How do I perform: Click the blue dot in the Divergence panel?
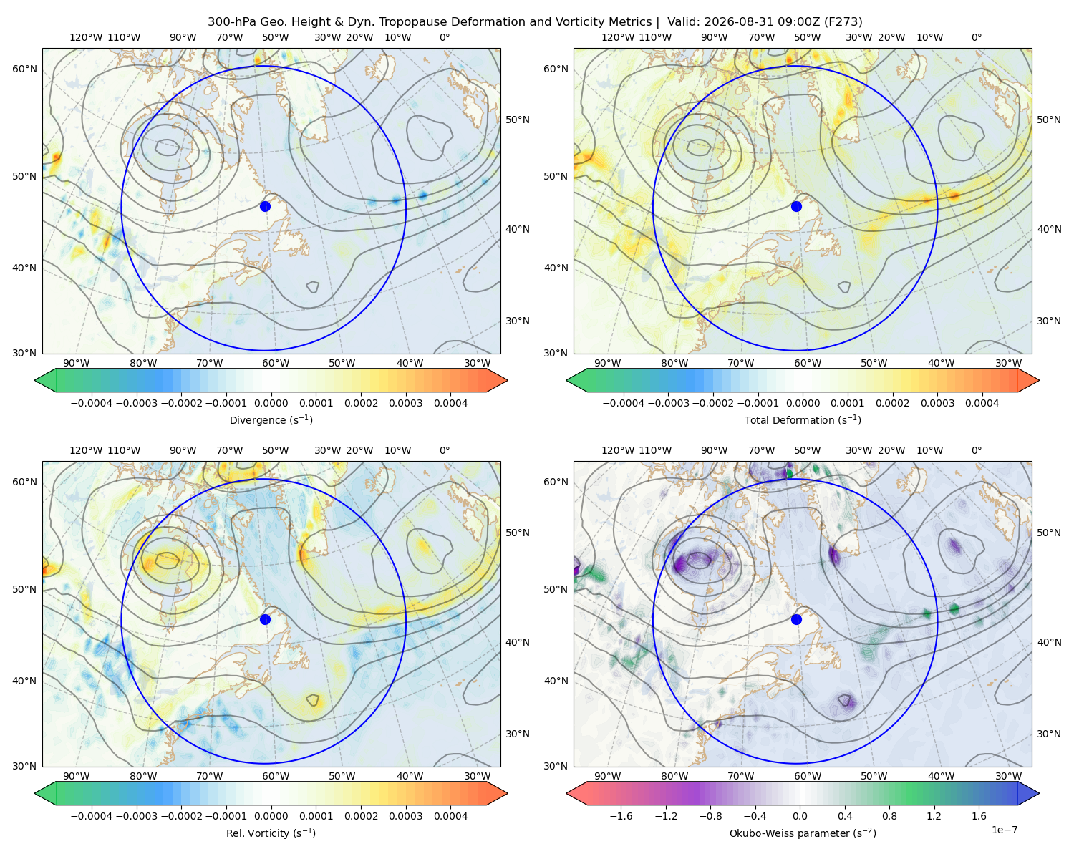265,206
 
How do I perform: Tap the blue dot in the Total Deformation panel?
796,206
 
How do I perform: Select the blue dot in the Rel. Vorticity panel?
265,619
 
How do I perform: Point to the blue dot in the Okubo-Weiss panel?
796,619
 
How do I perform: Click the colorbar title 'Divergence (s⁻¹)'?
271,419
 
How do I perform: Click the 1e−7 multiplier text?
1004,830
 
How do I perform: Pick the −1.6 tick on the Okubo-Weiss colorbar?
621,815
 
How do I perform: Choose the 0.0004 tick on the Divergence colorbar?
450,403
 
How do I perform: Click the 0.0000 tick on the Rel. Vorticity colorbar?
271,815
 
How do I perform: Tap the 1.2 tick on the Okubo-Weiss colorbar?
934,815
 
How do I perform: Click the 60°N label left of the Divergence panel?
24,69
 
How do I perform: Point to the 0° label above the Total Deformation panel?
976,37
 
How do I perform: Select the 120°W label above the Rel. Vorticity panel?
86,450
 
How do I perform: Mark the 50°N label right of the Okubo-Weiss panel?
1049,533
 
